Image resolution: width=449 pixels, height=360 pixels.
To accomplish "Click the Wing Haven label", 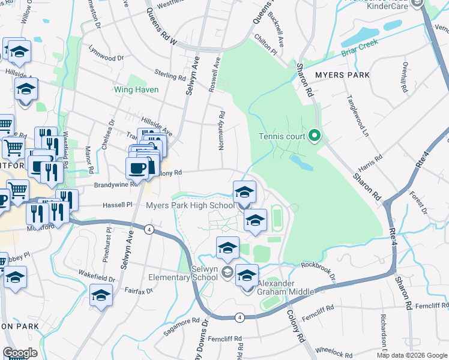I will pos(136,90).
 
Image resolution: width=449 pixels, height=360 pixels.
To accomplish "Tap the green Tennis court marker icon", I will pos(313,136).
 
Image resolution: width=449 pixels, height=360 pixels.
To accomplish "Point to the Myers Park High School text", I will pos(190,206).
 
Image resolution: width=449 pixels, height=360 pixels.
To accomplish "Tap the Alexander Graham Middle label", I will pos(285,287).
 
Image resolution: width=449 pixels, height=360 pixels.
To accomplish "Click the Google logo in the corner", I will pos(20,353).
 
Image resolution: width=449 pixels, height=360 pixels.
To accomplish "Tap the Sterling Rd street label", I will pos(170,76).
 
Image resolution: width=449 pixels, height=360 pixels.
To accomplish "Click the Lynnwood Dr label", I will pos(106,53).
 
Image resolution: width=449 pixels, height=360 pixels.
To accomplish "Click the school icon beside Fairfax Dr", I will pos(101,295).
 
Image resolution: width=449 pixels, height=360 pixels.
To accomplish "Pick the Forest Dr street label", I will pos(417,203).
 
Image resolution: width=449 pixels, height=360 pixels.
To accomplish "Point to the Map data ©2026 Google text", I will pos(412,355).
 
